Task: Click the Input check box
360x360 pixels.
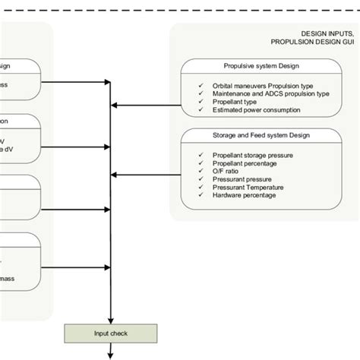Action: coord(112,333)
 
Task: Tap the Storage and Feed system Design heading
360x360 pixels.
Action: coord(261,135)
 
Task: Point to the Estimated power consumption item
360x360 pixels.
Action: coord(257,110)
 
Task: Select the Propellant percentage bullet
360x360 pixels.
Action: coord(245,163)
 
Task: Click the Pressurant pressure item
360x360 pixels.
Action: coord(244,179)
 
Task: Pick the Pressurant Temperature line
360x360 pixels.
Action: coord(250,187)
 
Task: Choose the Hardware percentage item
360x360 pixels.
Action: coord(245,195)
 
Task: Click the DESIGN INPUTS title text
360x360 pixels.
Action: coord(327,34)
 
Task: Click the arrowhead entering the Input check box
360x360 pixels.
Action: coord(112,320)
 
